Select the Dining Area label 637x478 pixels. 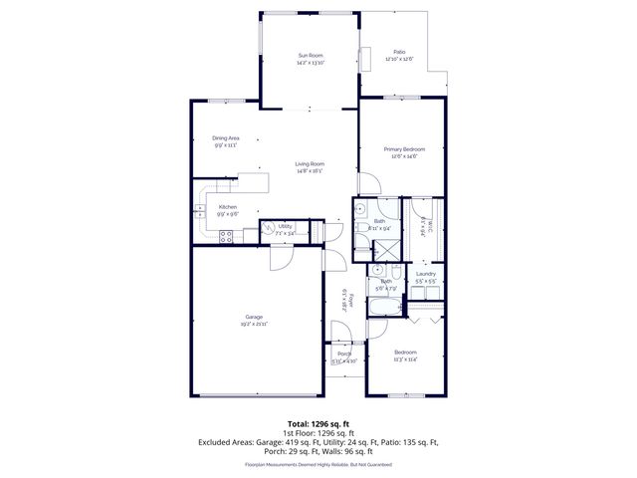[226, 137]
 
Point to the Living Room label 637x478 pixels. [309, 163]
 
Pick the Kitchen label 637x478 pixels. [227, 206]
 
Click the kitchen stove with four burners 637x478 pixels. [226, 236]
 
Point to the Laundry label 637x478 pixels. [426, 273]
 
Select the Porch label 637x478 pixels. [343, 354]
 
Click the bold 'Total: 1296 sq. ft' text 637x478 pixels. [318, 423]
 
